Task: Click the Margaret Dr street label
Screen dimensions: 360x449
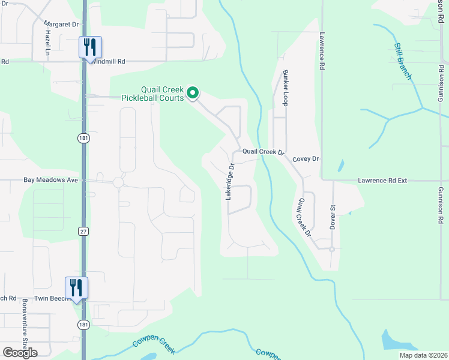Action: (61, 25)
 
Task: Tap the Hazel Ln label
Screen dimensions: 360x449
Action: (47, 44)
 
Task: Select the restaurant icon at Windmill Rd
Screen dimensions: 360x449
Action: (90, 47)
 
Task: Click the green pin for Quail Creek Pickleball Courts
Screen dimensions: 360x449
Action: (193, 92)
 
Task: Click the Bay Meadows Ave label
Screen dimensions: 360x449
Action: (51, 179)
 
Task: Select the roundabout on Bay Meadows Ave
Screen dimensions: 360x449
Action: (118, 182)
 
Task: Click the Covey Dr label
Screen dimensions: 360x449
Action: (306, 159)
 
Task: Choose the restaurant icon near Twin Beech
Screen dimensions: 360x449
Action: (76, 288)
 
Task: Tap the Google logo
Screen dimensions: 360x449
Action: (20, 353)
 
